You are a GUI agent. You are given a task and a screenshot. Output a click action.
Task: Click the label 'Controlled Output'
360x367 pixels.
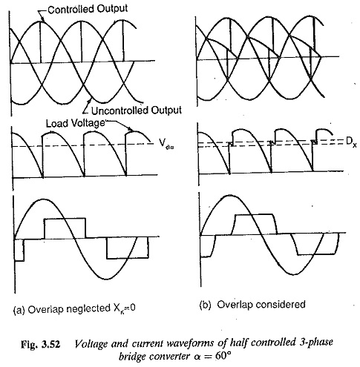coord(88,9)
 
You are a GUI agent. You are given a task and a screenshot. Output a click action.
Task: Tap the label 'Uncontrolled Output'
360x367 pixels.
coord(137,110)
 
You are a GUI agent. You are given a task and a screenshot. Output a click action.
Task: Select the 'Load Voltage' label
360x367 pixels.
coord(76,123)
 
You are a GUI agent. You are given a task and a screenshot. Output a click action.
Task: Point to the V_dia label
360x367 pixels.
coord(166,144)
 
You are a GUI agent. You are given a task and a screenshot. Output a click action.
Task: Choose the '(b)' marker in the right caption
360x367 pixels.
coord(205,305)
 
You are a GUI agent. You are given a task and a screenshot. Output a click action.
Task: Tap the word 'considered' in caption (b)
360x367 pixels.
coord(281,305)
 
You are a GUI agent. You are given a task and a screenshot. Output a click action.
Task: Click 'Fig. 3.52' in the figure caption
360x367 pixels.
coord(41,344)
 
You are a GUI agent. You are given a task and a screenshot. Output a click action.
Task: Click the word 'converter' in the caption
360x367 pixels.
coord(170,357)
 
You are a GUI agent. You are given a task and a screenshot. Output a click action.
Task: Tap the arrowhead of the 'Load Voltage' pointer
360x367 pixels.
coord(131,129)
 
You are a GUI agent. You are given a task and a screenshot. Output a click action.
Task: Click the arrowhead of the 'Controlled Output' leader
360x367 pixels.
coord(42,19)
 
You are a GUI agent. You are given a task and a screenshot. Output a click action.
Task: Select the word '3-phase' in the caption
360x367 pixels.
coord(316,343)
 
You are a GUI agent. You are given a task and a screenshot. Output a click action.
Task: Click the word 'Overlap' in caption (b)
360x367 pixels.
coord(235,305)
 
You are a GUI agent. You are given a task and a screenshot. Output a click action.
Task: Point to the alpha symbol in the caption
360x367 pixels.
coord(197,357)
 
